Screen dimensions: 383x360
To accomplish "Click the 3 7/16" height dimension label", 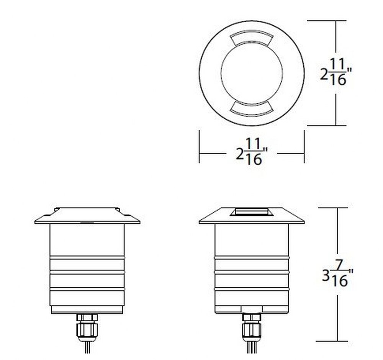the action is pyautogui.click(x=337, y=275).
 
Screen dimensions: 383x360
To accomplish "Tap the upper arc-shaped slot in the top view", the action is pyautogui.click(x=251, y=38).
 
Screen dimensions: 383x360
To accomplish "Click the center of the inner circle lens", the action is pyautogui.click(x=252, y=73).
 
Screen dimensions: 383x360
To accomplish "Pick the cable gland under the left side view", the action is pyautogui.click(x=87, y=328).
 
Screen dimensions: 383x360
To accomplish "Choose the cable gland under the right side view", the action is pyautogui.click(x=252, y=328).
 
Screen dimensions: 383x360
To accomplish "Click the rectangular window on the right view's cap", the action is pyautogui.click(x=252, y=212).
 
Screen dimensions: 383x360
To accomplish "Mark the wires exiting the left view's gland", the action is pyautogui.click(x=87, y=347).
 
